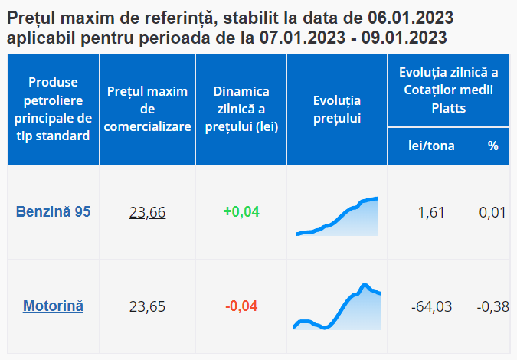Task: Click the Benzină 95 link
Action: pyautogui.click(x=54, y=212)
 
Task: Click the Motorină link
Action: pyautogui.click(x=54, y=306)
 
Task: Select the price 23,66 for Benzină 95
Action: pyautogui.click(x=147, y=212)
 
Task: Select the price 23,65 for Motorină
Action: pyautogui.click(x=147, y=306)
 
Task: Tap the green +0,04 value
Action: pyautogui.click(x=241, y=211)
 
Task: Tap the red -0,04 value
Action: pyautogui.click(x=241, y=306)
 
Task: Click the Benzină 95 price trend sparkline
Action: pyautogui.click(x=337, y=217)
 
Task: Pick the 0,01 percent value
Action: pyautogui.click(x=492, y=212)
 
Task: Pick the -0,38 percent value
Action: pyautogui.click(x=492, y=306)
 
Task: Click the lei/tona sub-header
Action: pyautogui.click(x=431, y=146)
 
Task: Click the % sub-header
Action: pyautogui.click(x=492, y=146)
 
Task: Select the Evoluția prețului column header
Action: pyautogui.click(x=337, y=110)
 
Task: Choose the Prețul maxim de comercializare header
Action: pyautogui.click(x=147, y=110)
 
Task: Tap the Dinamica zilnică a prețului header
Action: pyautogui.click(x=241, y=110)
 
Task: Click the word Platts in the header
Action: pyautogui.click(x=448, y=108)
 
